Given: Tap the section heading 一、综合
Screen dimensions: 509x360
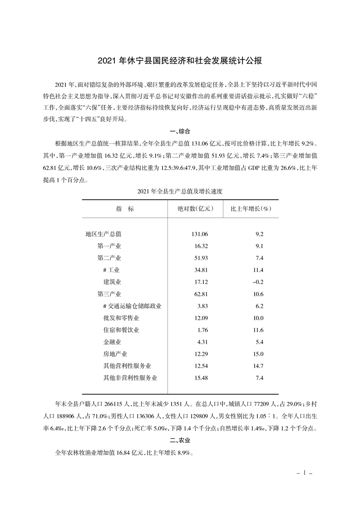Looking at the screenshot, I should [180, 132].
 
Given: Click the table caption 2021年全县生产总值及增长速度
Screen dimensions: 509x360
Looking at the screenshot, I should [180, 191].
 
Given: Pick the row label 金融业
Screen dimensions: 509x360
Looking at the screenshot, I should [112, 342].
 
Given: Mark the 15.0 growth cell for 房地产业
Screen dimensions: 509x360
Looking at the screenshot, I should [259, 354].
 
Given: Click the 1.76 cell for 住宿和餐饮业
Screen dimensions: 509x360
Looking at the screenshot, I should [201, 330].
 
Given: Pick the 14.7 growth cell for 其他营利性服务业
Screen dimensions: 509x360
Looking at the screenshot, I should [259, 366].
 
